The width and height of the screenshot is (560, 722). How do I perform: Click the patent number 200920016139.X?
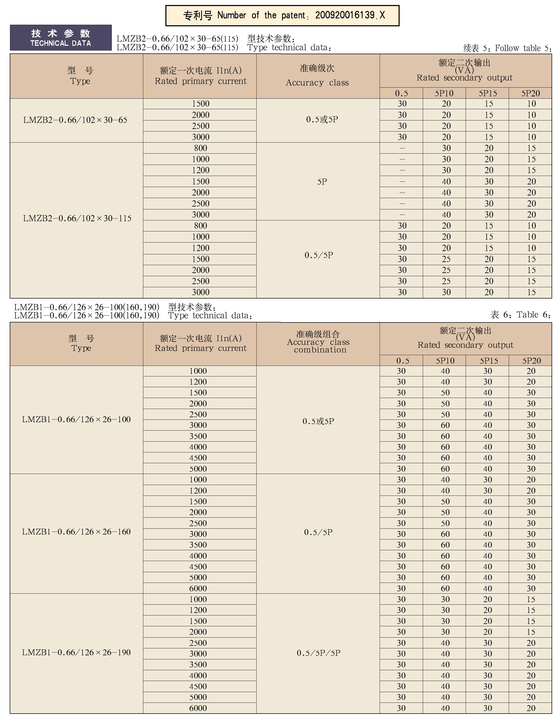(x=350, y=15)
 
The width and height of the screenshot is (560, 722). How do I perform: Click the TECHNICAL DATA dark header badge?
(x=61, y=38)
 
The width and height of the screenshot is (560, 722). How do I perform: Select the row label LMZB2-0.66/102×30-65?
(x=75, y=120)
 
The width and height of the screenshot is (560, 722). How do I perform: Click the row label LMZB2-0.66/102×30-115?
(x=77, y=219)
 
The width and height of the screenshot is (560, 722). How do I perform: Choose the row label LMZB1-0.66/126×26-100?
(x=76, y=420)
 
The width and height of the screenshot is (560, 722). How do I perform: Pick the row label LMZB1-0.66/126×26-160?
(x=76, y=532)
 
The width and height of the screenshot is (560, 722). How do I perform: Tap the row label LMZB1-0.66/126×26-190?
(x=76, y=653)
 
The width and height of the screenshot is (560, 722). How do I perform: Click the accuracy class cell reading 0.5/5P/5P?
(x=318, y=653)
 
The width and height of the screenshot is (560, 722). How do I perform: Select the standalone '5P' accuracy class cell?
(x=322, y=182)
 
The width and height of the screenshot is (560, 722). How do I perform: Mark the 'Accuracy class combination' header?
(x=318, y=342)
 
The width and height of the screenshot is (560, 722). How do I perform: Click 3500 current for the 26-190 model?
(x=198, y=664)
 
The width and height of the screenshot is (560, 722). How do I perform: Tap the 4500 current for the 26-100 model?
(x=198, y=458)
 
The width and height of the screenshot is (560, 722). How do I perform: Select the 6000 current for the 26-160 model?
(x=198, y=588)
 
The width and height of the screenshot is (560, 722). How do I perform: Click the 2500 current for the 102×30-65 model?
(x=201, y=126)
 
